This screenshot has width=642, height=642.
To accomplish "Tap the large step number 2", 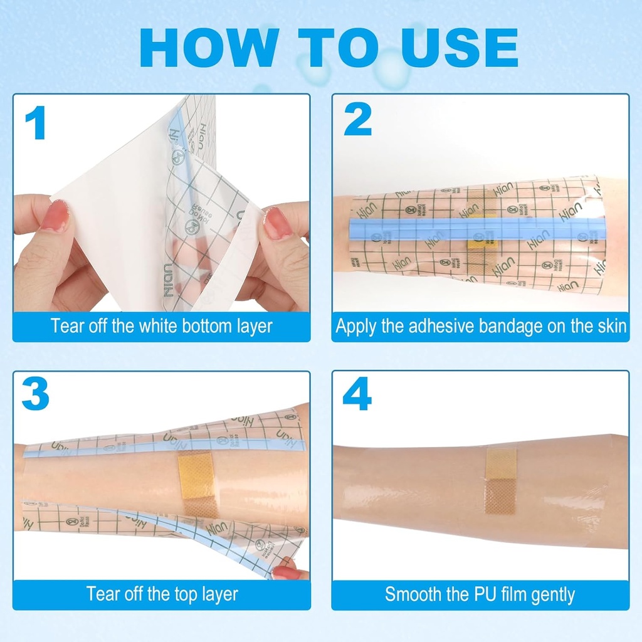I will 358,120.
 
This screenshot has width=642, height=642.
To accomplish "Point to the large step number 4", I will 357,395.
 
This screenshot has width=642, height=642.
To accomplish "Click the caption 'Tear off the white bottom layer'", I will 161,327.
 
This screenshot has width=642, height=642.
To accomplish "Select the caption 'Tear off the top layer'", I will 161,594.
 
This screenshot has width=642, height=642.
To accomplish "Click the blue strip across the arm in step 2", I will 476,230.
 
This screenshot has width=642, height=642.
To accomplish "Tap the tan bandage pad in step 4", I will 500,480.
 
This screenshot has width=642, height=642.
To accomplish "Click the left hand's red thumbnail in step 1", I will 57,216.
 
